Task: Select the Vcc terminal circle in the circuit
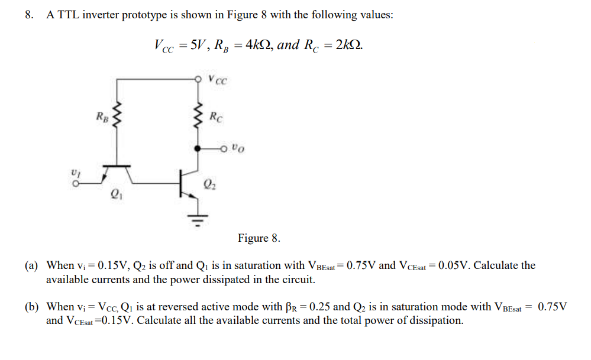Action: click(x=198, y=77)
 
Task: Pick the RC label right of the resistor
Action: click(x=216, y=116)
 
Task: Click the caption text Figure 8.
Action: click(x=259, y=238)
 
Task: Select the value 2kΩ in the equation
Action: click(x=348, y=45)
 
